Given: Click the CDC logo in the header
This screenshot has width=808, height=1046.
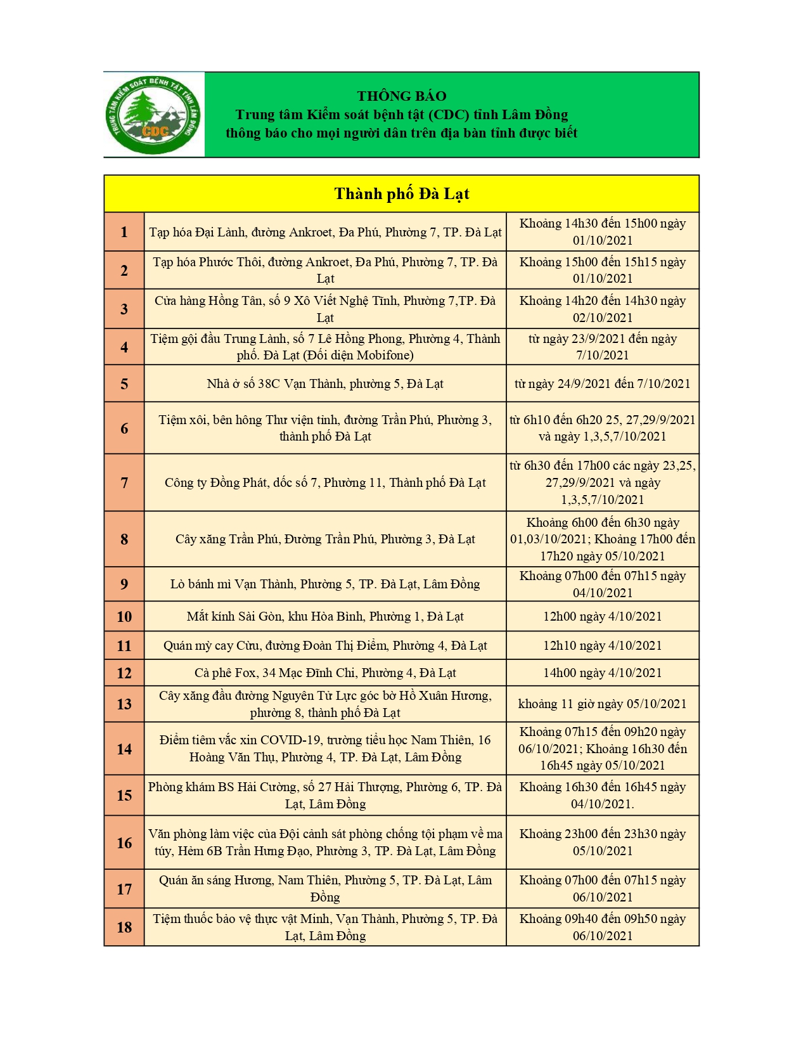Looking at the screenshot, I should (x=154, y=115).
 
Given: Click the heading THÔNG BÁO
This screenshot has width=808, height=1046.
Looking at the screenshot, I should (x=401, y=96).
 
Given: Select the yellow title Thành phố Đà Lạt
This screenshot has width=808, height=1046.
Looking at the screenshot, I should (x=401, y=194).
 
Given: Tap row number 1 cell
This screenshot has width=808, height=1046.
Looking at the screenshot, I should (x=124, y=232).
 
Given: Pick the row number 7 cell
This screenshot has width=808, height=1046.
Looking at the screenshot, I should (x=124, y=482).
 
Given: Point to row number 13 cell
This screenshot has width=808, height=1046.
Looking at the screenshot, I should (x=124, y=704).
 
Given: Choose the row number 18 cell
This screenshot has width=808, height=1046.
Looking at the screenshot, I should (x=124, y=927).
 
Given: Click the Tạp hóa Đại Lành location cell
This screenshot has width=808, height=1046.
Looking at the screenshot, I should (x=325, y=232).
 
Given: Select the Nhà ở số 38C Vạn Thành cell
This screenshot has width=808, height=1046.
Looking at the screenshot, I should (x=325, y=384).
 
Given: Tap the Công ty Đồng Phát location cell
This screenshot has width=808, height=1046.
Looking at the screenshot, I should (x=325, y=482).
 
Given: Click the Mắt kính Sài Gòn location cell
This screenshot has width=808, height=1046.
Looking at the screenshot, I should (x=325, y=616).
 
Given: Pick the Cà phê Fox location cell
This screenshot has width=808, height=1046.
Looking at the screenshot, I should (x=325, y=673).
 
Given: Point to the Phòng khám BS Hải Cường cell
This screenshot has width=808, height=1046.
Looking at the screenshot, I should (x=325, y=795).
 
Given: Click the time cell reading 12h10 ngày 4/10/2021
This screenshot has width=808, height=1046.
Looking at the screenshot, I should (x=602, y=645).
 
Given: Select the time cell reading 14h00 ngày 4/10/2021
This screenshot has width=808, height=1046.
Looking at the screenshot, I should (x=602, y=673).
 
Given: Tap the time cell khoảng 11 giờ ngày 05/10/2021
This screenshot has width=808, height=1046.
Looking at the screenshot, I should (x=602, y=704).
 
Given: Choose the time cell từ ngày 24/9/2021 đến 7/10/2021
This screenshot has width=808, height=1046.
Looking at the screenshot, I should (x=602, y=384).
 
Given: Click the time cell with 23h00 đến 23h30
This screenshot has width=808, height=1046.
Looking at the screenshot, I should (x=602, y=842).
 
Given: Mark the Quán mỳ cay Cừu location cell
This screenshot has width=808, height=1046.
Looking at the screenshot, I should (x=325, y=645).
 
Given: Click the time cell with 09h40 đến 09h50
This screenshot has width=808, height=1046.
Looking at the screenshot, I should (x=602, y=927).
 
